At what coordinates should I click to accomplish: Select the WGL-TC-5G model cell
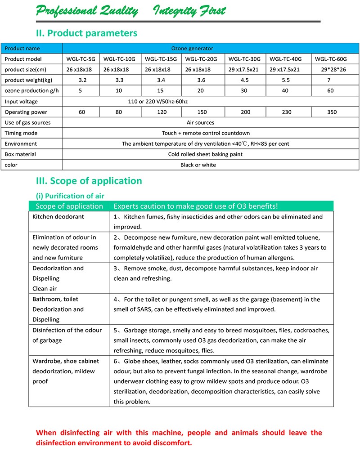pos(81,59)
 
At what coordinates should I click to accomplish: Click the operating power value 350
pos(332,112)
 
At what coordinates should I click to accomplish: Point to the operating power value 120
pos(161,112)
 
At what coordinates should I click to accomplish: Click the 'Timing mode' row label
pos(21,133)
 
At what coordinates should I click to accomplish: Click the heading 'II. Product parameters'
pos(86,33)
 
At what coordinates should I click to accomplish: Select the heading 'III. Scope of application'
pos(89,181)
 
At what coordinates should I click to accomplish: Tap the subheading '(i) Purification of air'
pos(70,196)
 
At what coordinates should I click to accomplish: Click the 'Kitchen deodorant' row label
pos(58,217)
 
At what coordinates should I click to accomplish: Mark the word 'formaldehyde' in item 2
pos(134,247)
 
